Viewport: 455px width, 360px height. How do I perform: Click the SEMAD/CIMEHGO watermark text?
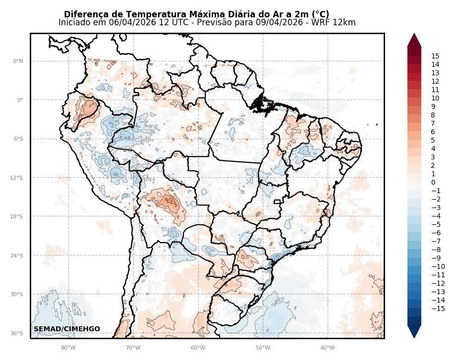(x=67, y=329)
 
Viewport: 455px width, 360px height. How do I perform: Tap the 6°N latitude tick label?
(x=18, y=61)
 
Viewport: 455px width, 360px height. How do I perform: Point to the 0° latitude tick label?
(x=20, y=100)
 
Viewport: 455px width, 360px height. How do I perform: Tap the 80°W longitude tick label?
(x=68, y=348)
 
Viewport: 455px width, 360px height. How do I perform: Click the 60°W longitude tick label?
(x=198, y=348)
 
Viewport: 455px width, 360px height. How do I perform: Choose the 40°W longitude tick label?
(x=328, y=348)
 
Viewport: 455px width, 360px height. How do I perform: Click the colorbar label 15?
(x=435, y=56)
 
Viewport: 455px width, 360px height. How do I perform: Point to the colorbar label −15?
(x=438, y=309)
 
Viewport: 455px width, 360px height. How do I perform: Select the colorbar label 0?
(x=433, y=183)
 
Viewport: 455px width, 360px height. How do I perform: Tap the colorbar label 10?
(x=435, y=99)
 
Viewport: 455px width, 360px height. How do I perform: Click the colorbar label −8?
(x=436, y=250)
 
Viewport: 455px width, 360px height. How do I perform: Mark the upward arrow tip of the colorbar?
(x=414, y=34)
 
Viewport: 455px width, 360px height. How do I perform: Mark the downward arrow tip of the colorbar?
(x=414, y=338)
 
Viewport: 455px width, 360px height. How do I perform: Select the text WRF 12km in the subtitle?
(x=337, y=23)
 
